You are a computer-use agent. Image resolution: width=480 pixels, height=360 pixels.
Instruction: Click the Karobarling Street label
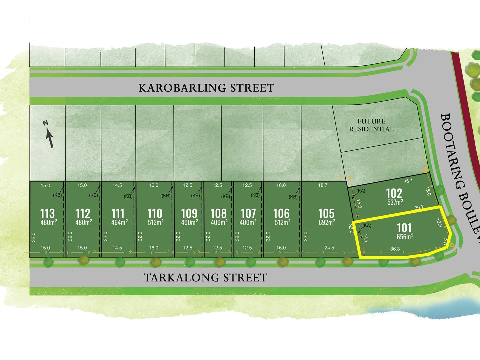click(206, 88)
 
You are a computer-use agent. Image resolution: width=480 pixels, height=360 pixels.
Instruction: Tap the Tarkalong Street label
click(205, 278)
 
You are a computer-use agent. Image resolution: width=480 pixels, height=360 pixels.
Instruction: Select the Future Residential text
click(371, 125)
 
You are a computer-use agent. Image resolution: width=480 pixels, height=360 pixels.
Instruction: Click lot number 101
click(404, 228)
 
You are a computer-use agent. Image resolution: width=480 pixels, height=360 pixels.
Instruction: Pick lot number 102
click(394, 193)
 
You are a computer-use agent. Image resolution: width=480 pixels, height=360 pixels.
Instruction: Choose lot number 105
click(326, 213)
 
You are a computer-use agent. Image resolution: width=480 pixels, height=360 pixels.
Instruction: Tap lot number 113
click(47, 213)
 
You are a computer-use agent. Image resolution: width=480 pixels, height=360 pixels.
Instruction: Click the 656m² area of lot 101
click(405, 237)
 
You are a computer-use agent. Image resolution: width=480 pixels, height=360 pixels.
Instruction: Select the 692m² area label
click(327, 222)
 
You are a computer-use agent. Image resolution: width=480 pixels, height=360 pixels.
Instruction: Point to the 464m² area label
click(119, 222)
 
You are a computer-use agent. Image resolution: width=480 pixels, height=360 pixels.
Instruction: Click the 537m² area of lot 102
click(395, 202)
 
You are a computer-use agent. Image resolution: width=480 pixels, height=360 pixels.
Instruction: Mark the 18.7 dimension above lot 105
click(323, 185)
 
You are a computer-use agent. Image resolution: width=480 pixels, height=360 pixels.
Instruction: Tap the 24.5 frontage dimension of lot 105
click(329, 248)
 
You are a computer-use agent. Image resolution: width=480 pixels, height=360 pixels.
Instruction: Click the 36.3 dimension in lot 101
click(395, 249)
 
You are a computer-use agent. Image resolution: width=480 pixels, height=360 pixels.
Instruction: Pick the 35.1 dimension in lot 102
click(408, 181)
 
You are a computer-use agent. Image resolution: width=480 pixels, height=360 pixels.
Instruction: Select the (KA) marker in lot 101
click(367, 226)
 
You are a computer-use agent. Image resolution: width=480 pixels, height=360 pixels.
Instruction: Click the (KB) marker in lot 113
click(57, 195)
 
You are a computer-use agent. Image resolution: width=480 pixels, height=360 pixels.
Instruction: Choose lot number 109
click(189, 213)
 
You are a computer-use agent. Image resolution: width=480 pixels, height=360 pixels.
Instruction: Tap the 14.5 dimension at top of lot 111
click(117, 185)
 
